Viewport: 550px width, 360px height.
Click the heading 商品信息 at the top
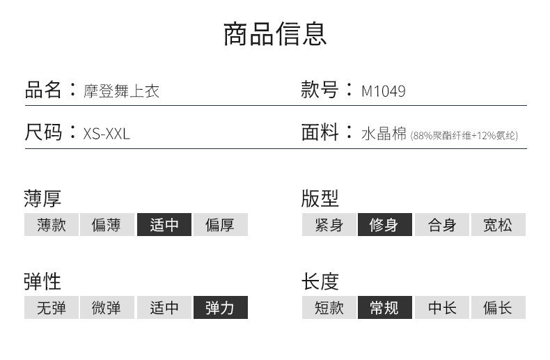[x=275, y=33]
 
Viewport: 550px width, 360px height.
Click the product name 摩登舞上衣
[x=121, y=91]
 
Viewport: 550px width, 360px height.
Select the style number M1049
[x=383, y=91]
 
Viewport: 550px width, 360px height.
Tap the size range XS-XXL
[x=107, y=134]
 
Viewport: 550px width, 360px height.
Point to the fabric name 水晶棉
[x=384, y=134]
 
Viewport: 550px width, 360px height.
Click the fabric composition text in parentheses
[x=464, y=135]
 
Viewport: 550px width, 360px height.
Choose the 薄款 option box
[x=52, y=225]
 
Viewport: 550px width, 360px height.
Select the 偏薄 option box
[x=107, y=225]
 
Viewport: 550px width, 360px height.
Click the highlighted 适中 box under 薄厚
[x=164, y=225]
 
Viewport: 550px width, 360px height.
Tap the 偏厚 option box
[x=220, y=225]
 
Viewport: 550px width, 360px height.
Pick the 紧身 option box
[x=329, y=225]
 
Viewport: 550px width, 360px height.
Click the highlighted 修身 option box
[x=385, y=225]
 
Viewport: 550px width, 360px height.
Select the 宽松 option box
[x=498, y=225]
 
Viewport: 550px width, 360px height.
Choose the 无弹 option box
[x=52, y=307]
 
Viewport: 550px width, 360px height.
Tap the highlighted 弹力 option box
[x=220, y=307]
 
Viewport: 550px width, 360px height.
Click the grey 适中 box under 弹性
[x=164, y=307]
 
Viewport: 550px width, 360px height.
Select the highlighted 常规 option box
[x=385, y=307]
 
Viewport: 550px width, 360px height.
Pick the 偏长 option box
[x=498, y=307]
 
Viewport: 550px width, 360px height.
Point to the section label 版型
[x=320, y=198]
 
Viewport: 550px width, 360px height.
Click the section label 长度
[x=320, y=281]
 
